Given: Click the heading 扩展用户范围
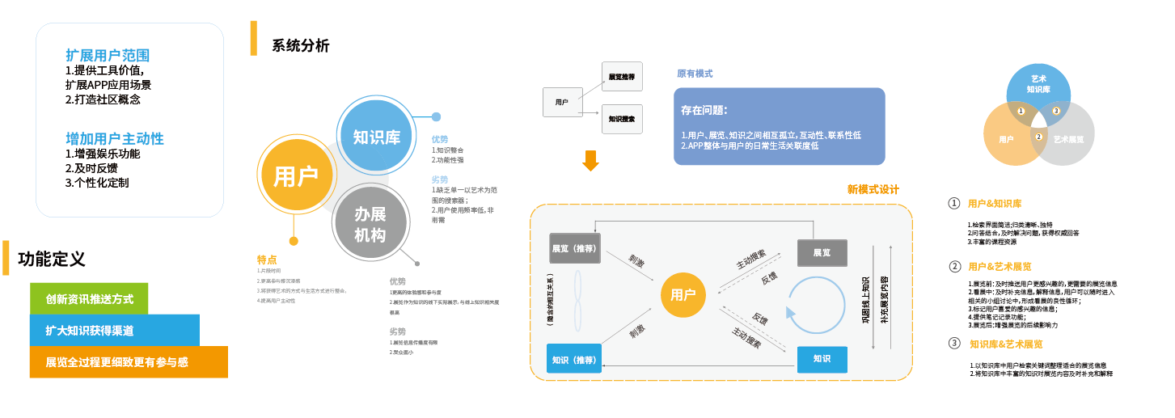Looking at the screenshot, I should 108,56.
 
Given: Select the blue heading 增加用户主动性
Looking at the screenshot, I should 115,138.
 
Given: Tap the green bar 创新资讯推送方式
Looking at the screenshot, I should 89,298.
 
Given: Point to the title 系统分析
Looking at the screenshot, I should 301,46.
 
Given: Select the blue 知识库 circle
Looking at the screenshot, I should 377,137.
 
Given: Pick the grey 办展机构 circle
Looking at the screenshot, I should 370,224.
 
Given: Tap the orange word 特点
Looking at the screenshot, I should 267,260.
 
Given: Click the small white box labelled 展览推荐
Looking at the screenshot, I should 622,77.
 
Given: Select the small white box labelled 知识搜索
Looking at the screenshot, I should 622,119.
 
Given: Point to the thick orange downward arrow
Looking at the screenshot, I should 591,160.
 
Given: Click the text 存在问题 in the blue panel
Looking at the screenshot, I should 704,110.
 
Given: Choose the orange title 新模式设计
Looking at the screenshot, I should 873,190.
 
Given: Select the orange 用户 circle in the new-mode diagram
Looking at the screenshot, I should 683,294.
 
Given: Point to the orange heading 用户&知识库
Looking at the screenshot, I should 1000,204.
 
